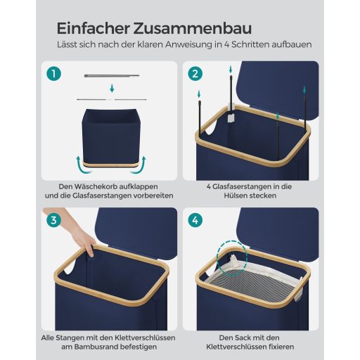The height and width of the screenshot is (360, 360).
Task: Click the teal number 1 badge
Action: (x=53, y=74)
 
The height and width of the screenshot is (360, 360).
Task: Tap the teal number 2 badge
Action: (x=195, y=74)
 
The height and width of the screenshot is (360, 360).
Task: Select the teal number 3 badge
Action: (x=53, y=220)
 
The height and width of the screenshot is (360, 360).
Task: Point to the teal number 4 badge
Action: (x=195, y=220)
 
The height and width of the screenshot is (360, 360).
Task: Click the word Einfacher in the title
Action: (x=94, y=28)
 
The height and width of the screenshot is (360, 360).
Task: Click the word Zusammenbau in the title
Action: (x=193, y=28)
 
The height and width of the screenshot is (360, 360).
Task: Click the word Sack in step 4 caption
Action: (x=245, y=338)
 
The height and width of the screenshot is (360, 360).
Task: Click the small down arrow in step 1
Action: (x=112, y=89)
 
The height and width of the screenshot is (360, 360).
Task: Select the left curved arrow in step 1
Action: (x=82, y=165)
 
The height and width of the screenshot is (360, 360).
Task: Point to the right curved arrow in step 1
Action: (x=140, y=165)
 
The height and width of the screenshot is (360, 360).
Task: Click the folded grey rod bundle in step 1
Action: (x=112, y=76)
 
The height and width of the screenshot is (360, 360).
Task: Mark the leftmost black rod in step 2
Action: (x=200, y=119)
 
